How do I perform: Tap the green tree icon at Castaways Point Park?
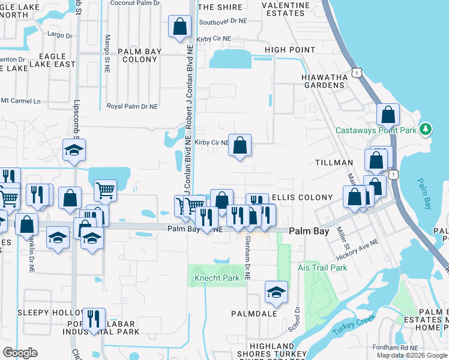pos(426,129)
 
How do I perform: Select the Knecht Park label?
pos(217,278)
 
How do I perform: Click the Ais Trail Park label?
pos(322,268)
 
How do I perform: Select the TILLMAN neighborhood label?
pos(334,163)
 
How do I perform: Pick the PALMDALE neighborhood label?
pos(254,313)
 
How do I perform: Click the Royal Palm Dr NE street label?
pos(132,106)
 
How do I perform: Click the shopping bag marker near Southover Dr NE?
pos(180,27)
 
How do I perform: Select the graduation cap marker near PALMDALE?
pos(276,292)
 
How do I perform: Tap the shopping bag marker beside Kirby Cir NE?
pos(240,145)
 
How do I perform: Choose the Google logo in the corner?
pos(20,353)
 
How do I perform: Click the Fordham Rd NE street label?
pos(429,346)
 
